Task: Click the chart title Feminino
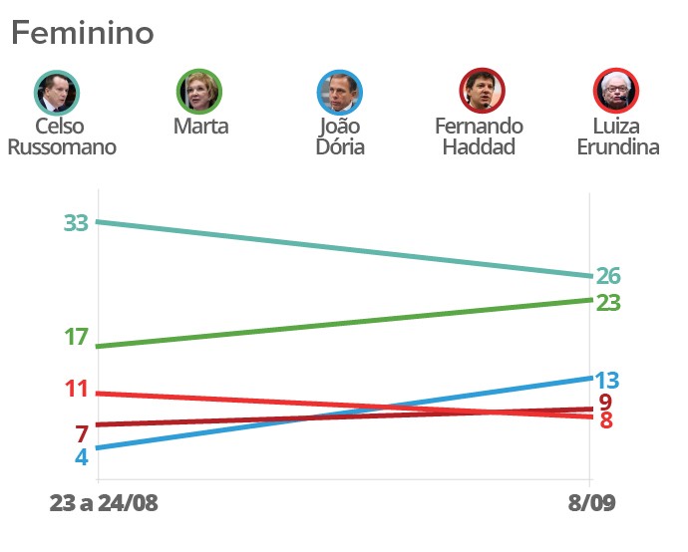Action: pos(83,33)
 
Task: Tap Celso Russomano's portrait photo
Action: pos(56,93)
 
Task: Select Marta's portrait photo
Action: pos(199,93)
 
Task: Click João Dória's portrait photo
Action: pos(340,93)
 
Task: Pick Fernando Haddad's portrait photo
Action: pos(482,93)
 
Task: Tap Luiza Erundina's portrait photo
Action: pos(615,93)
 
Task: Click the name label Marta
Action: pos(200,127)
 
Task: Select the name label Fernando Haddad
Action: pos(480,137)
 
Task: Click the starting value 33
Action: pos(77,223)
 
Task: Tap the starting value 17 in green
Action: pos(77,338)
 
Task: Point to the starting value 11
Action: pos(77,390)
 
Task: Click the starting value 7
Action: pos(82,434)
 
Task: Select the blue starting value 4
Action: pos(82,457)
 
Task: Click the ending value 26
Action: pos(608,276)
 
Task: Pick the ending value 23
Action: pos(608,302)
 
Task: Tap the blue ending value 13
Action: pos(607,380)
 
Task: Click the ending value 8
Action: pos(606,420)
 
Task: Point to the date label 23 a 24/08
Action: pos(104,502)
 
